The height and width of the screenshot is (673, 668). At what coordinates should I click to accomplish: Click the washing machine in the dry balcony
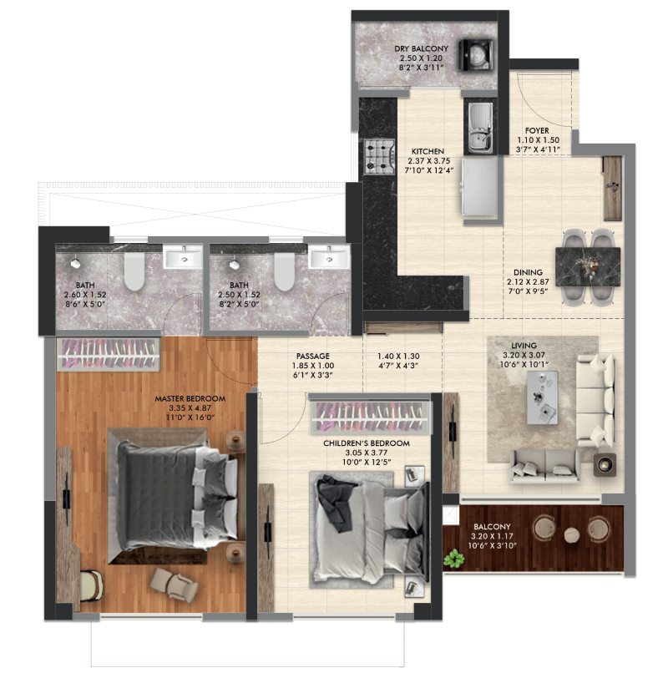tap(475, 54)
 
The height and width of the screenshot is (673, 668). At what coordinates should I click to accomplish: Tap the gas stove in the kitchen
tap(379, 157)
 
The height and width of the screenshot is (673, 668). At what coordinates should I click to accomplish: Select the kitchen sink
tap(480, 128)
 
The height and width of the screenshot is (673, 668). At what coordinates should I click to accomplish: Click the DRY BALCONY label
tap(421, 48)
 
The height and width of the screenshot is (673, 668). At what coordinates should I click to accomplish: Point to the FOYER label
tap(537, 130)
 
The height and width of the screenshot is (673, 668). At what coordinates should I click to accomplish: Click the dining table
tap(588, 266)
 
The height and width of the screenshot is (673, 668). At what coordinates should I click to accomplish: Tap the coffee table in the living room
tap(542, 397)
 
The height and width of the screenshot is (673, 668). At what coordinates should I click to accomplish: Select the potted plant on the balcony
tap(453, 559)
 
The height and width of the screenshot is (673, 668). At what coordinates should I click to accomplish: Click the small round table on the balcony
tap(571, 535)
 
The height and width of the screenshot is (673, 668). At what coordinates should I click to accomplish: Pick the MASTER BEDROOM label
tap(190, 399)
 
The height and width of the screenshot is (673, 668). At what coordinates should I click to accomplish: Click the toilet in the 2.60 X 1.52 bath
tap(134, 271)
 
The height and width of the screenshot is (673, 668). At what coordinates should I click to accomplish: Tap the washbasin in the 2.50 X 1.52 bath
tap(329, 257)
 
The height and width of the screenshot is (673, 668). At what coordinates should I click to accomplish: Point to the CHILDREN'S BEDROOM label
tap(367, 443)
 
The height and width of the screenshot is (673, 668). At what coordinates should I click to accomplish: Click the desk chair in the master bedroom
tap(92, 585)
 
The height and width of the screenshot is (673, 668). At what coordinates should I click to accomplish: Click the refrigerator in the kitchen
tap(479, 187)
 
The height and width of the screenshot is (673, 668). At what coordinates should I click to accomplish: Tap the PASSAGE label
tap(313, 357)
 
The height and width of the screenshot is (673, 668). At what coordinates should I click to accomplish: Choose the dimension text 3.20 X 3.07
tap(524, 356)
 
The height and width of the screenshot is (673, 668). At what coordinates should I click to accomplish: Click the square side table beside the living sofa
tap(605, 464)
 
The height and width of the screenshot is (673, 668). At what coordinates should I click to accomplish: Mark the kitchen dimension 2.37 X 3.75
tap(429, 161)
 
